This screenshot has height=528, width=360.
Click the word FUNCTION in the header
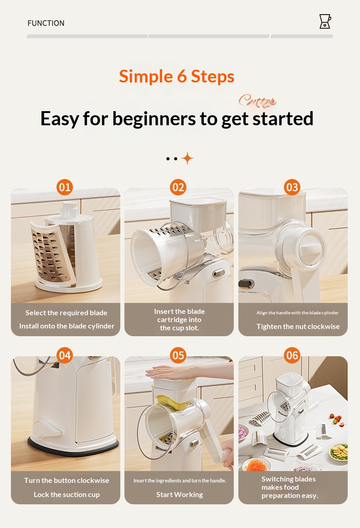46,23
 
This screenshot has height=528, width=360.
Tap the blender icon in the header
325,21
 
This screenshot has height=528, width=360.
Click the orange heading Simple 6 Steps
176,76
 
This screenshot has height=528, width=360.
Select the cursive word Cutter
257,100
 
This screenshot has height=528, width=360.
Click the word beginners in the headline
154,118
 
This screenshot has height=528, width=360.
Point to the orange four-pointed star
188,158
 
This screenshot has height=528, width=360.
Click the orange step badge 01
65,187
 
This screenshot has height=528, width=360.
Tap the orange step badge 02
178,187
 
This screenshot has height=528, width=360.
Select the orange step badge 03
292,187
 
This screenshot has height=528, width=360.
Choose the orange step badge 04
65,355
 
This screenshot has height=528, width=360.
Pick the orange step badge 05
178,355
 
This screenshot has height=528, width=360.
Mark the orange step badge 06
292,355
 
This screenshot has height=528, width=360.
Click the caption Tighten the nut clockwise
298,326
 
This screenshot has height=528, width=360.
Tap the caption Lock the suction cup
67,494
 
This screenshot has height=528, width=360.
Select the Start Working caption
180,494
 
